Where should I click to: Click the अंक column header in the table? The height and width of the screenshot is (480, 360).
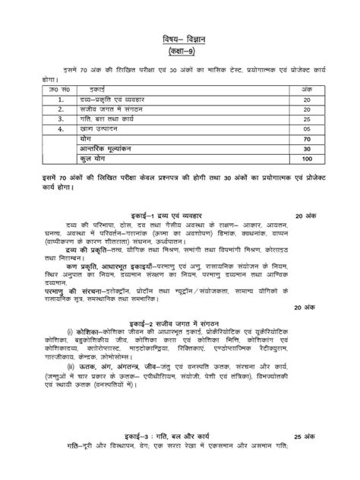pos(306,90)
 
